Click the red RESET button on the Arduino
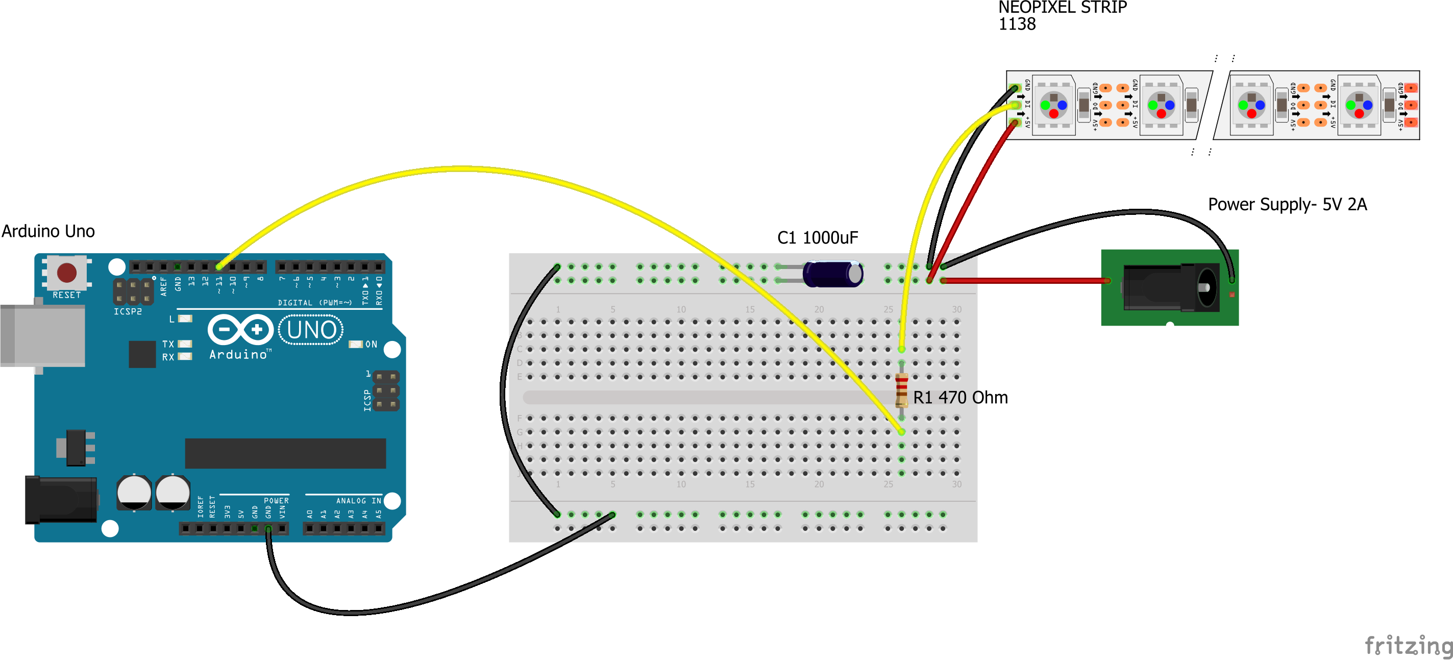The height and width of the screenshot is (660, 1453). click(66, 273)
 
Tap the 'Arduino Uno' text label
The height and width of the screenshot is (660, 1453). click(48, 231)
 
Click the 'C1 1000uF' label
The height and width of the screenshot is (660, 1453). click(817, 238)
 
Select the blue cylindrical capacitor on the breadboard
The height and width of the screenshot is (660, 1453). click(832, 274)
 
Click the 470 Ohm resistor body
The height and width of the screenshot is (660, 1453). click(901, 390)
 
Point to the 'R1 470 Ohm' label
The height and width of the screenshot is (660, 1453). click(960, 398)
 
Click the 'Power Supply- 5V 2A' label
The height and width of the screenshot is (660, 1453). click(1287, 204)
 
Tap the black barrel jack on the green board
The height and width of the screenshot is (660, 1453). click(1170, 288)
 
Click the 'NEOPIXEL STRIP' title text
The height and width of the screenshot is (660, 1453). click(1062, 8)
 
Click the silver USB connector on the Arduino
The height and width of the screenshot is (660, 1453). click(42, 336)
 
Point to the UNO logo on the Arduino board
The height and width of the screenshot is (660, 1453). click(311, 330)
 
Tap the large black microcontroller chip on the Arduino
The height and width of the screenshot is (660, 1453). click(285, 453)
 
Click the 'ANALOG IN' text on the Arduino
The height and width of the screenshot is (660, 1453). click(358, 501)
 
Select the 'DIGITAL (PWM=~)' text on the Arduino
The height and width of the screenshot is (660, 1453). click(315, 303)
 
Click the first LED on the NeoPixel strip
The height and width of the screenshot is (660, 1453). click(1053, 105)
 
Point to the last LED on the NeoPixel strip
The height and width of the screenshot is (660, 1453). click(1359, 105)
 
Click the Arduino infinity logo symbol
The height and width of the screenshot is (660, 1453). click(241, 329)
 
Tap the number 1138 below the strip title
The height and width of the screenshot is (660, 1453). click(1017, 25)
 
